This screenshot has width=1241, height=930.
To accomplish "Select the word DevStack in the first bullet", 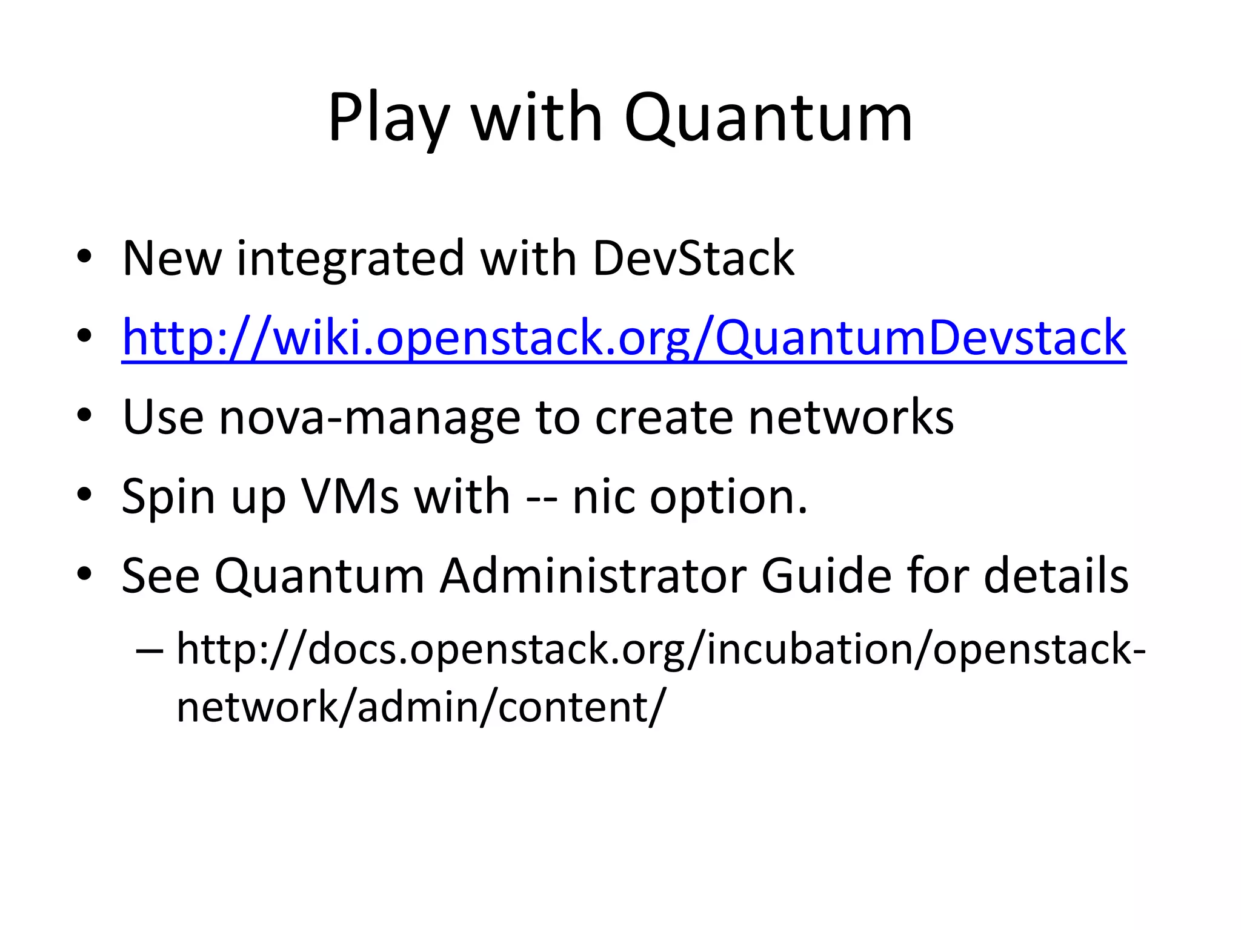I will click(x=693, y=259).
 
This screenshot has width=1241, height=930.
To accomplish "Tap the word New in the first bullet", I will click(x=172, y=259).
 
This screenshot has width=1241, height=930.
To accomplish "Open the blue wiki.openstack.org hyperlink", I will click(x=624, y=338).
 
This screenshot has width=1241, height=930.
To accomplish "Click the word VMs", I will click(x=350, y=496).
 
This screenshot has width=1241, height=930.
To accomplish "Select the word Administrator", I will click(x=593, y=576).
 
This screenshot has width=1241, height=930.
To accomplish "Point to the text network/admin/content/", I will click(x=421, y=707).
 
